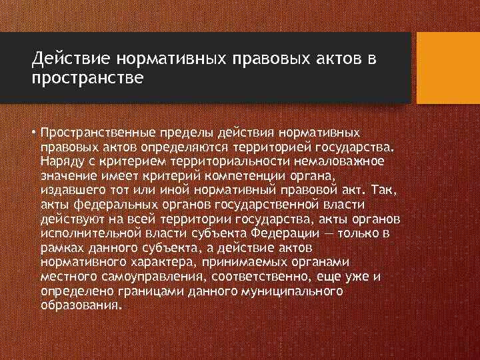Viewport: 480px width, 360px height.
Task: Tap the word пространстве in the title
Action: tap(87, 79)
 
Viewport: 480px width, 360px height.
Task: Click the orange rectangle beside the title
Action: tap(447, 68)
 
